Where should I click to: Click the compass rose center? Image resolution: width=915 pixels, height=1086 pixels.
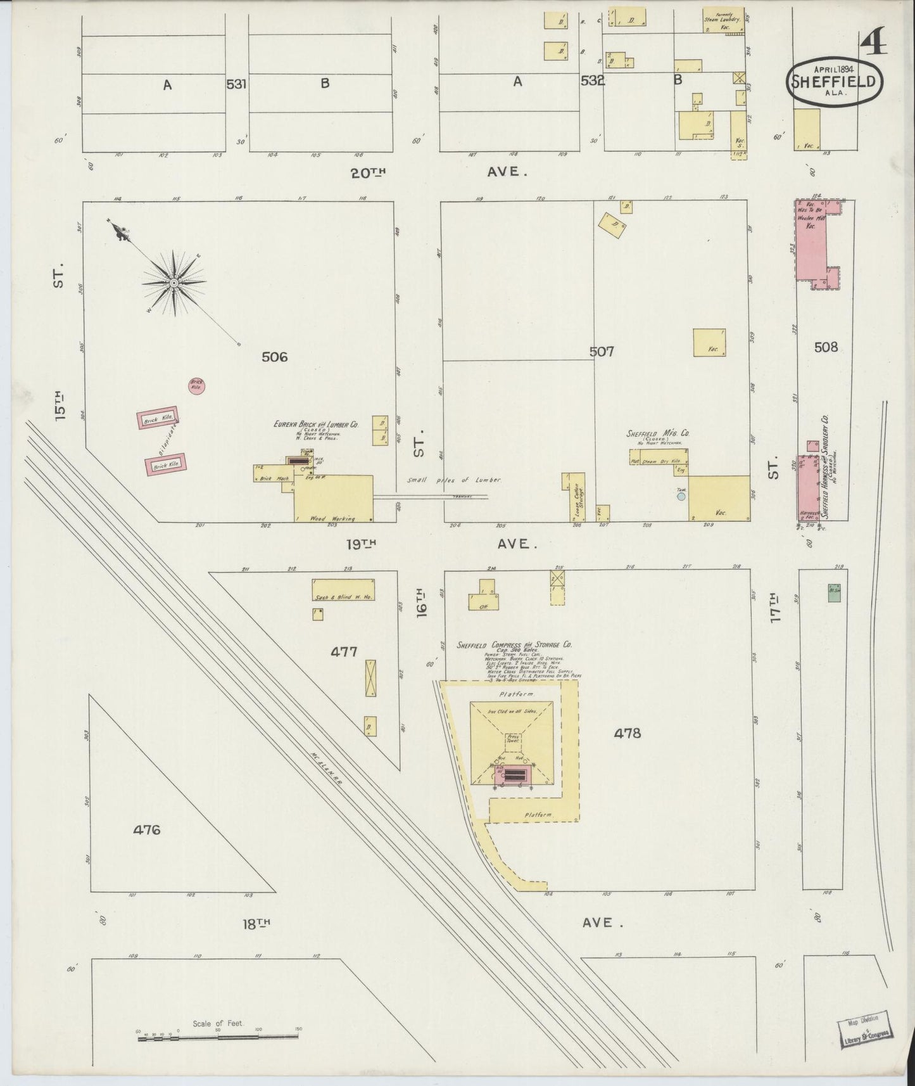tap(173, 282)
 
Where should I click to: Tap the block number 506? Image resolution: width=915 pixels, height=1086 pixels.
tap(274, 357)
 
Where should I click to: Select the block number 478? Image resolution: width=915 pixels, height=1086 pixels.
tap(627, 733)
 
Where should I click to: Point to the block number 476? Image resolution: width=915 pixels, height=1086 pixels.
tap(147, 829)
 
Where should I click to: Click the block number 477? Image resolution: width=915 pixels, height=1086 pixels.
tap(344, 651)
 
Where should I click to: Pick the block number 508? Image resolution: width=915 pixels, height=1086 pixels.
tap(826, 347)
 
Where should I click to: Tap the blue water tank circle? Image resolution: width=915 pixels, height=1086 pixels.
tap(681, 497)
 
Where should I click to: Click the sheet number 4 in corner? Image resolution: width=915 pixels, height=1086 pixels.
tap(874, 44)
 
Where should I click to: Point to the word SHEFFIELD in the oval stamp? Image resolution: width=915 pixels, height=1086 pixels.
tap(834, 82)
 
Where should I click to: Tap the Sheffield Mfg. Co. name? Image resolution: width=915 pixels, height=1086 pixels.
tap(658, 433)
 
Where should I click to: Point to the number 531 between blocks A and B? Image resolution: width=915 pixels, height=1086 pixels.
tap(236, 84)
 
